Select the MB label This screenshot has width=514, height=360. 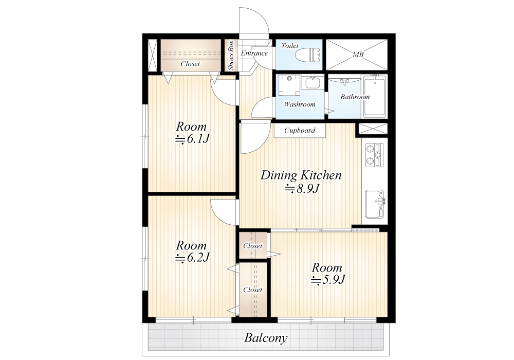point(358,54)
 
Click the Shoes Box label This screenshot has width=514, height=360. point(230,55)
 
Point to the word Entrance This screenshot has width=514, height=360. point(254,53)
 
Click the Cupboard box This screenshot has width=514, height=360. point(300,130)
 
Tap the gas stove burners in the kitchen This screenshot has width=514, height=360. point(374,155)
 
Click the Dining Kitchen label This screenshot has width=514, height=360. point(301,175)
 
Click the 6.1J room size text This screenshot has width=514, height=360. point(192,139)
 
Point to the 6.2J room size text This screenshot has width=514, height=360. point(192,258)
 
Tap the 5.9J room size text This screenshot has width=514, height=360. point(328,280)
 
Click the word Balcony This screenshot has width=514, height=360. point(266,338)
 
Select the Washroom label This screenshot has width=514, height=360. point(299,104)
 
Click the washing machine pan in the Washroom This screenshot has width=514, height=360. point(289,85)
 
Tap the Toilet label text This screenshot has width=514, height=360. point(290,46)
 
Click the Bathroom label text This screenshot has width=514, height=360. point(355,97)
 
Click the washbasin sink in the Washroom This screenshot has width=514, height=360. point(314,83)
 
